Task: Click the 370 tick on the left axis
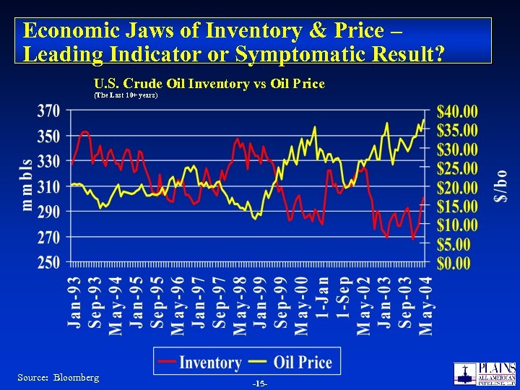tap(48, 112)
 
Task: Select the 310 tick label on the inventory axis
tap(48, 187)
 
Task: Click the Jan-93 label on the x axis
tap(74, 301)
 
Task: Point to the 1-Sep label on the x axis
tap(344, 297)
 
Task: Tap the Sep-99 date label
tap(282, 302)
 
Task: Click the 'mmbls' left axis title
tap(27, 185)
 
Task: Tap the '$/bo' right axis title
tap(499, 186)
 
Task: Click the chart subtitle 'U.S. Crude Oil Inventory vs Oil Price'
tap(209, 84)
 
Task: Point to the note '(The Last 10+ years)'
tap(126, 95)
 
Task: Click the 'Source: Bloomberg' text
tap(58, 378)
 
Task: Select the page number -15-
tap(260, 382)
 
